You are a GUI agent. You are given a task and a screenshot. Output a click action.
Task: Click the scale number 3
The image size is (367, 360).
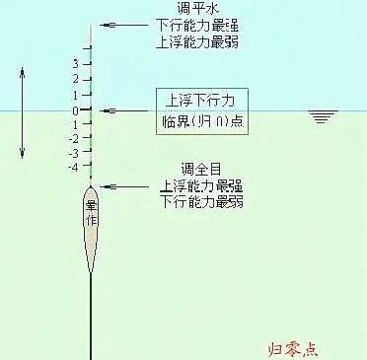pos(74,64)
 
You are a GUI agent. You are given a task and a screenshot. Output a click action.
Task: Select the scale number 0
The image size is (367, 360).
pos(74,110)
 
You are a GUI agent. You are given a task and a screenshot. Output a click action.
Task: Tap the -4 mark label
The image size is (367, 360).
pos(72,169)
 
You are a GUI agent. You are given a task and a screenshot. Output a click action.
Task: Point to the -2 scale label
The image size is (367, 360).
pos(72,139)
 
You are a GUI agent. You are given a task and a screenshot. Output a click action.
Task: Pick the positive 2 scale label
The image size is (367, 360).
pos(74,79)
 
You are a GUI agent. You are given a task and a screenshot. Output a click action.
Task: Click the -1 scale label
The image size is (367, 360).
pos(72,124)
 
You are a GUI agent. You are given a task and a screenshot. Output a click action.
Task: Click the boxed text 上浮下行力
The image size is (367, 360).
pos(201,102)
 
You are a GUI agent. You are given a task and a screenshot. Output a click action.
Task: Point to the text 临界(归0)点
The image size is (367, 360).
pos(201,123)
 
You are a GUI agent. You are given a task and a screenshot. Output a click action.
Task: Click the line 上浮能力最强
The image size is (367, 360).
pos(201,184)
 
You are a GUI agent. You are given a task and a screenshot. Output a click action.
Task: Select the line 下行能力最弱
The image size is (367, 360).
pos(201,200)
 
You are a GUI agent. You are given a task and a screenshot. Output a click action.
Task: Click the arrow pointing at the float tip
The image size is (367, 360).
pos(123,26)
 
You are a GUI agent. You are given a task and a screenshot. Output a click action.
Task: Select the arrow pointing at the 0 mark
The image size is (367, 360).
pos(123,110)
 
